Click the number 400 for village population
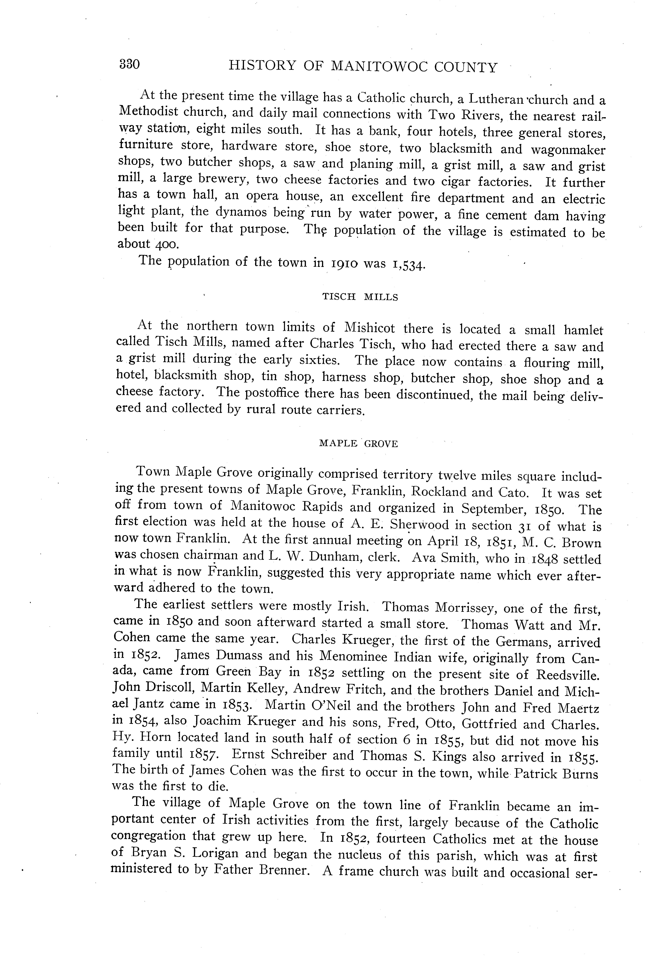[x=167, y=245]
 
